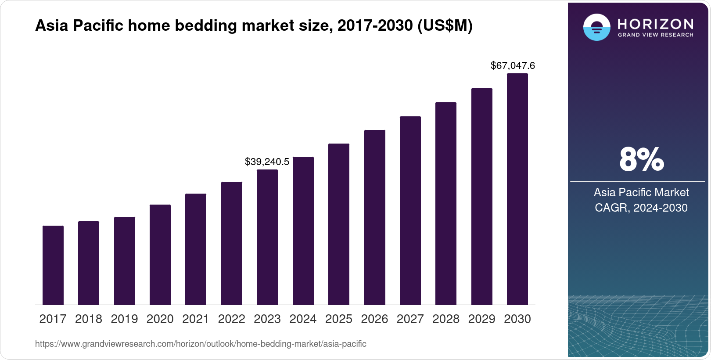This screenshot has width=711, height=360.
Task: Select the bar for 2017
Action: pyautogui.click(x=53, y=265)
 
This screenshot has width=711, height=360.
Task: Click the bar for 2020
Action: pyautogui.click(x=160, y=255)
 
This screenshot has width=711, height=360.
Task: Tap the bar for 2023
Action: pyautogui.click(x=267, y=237)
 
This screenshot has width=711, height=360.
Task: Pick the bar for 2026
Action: pyautogui.click(x=375, y=217)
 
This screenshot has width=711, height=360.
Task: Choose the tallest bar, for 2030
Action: pyautogui.click(x=517, y=189)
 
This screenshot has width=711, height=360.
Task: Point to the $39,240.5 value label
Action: pyautogui.click(x=267, y=162)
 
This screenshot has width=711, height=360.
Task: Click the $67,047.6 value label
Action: pyautogui.click(x=513, y=66)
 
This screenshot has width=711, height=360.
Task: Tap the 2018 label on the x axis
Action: pyautogui.click(x=89, y=319)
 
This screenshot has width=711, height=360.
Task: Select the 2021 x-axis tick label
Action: pyautogui.click(x=196, y=319)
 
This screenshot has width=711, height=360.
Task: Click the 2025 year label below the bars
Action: pyautogui.click(x=339, y=319)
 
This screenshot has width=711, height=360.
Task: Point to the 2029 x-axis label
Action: pyautogui.click(x=482, y=319)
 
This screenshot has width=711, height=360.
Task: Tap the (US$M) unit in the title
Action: pyautogui.click(x=445, y=26)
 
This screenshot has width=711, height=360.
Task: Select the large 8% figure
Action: pyautogui.click(x=641, y=159)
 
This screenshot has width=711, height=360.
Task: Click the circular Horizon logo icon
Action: pyautogui.click(x=596, y=27)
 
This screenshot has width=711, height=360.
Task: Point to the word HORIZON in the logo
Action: pyautogui.click(x=656, y=24)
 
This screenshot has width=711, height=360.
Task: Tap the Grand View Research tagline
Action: pyautogui.click(x=656, y=35)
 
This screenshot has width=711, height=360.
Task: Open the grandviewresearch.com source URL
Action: pyautogui.click(x=201, y=344)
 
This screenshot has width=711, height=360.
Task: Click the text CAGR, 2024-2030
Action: pyautogui.click(x=641, y=208)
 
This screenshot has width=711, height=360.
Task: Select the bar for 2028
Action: pyautogui.click(x=446, y=204)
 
